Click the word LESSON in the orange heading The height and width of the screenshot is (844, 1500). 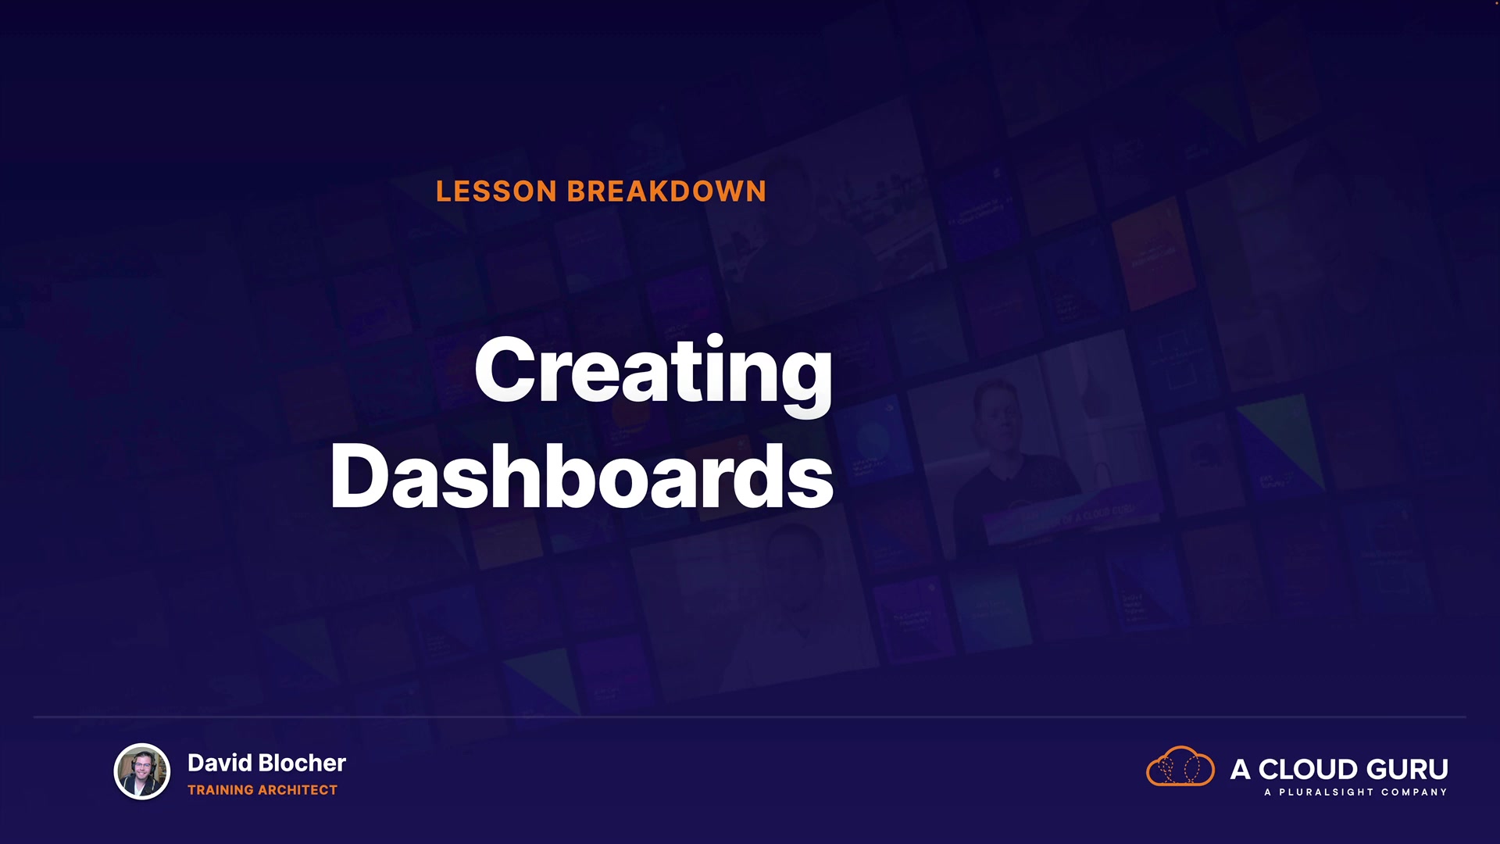click(496, 191)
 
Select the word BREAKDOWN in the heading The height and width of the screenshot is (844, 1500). click(666, 191)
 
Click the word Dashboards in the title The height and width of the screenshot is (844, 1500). click(582, 475)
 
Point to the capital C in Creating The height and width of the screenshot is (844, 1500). click(509, 370)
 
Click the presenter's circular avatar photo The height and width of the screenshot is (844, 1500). click(142, 771)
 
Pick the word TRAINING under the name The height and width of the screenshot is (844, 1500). click(221, 790)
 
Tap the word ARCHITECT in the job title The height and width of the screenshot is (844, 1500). click(300, 790)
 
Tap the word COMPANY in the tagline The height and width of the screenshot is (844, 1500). click(1414, 792)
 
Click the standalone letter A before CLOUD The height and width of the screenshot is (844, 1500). click(1241, 770)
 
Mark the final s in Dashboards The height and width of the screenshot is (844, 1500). click(810, 483)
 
